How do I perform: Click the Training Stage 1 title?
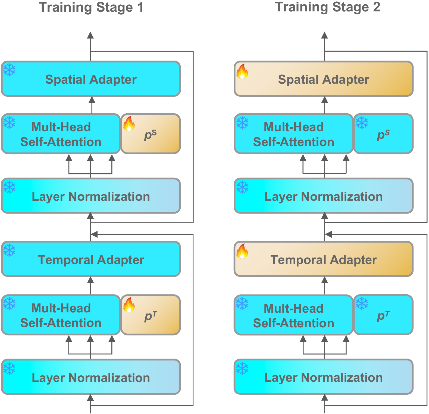tap(91, 7)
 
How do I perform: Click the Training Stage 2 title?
tap(327, 7)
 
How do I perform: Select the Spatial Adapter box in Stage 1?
tap(91, 79)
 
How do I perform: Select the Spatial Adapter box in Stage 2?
tap(324, 79)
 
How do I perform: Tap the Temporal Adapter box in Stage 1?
tap(91, 259)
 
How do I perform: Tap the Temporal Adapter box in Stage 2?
tap(324, 259)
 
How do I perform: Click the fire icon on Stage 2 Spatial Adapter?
tap(242, 71)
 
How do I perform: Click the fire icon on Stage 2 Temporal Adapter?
tap(242, 251)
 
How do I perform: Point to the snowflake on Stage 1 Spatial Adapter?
tap(10, 70)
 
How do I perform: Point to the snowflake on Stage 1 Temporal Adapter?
tap(10, 250)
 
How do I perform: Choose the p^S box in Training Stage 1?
tap(151, 134)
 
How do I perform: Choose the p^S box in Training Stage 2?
tap(383, 134)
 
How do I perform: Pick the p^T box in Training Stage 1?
tap(151, 315)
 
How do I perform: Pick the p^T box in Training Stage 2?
tap(383, 315)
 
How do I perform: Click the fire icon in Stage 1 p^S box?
tap(129, 124)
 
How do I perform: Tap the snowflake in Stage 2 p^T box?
tap(362, 303)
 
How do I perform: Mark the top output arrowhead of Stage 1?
tap(90, 35)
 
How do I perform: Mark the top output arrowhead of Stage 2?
tap(325, 35)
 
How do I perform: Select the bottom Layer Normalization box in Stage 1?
tap(91, 377)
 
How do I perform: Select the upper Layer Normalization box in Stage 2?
tap(324, 196)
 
